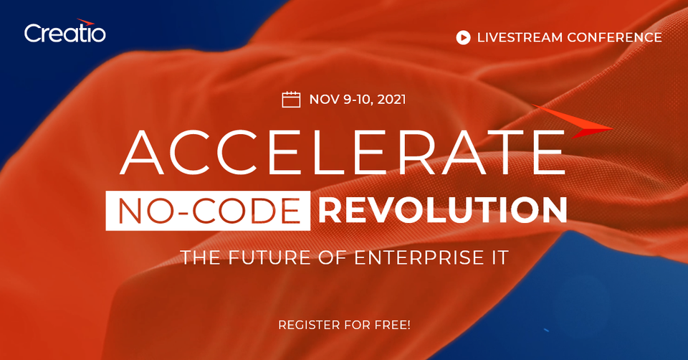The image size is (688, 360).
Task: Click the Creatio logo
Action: pos(64,32)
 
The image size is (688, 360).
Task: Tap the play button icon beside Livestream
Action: pos(463,37)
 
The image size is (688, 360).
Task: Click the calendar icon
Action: pos(291,99)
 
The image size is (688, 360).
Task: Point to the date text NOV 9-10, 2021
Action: pos(358,99)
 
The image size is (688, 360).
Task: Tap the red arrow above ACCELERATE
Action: pos(573,121)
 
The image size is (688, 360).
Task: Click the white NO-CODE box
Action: pos(209,210)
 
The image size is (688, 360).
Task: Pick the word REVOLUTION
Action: pos(443,210)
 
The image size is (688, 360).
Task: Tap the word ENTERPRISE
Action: pos(408,257)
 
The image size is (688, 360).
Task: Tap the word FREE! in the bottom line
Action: pos(391,326)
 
